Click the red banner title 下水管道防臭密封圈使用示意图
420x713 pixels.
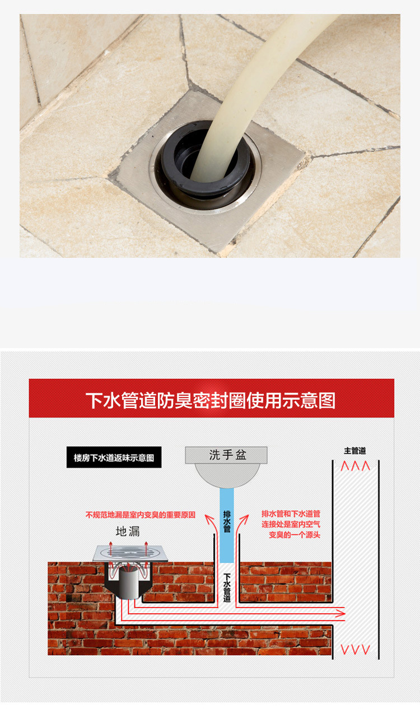[211, 400]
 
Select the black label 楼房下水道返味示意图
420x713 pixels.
[114, 457]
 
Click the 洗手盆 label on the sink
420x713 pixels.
[227, 455]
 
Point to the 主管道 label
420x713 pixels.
[355, 451]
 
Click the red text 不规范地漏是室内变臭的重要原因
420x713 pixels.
[140, 515]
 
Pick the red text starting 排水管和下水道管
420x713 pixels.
[291, 524]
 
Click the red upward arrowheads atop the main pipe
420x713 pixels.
[356, 466]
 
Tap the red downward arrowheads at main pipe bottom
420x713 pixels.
[356, 650]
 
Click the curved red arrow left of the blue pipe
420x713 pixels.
[211, 527]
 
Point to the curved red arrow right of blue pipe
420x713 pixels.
[242, 527]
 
